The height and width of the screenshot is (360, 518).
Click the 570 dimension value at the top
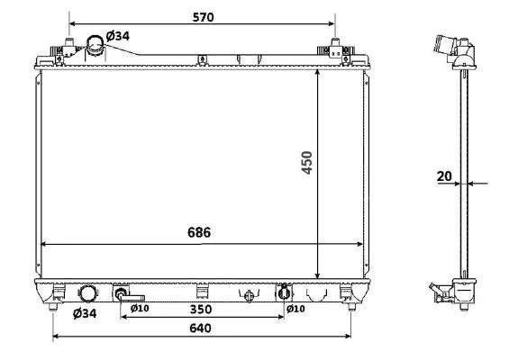pyautogui.click(x=201, y=15)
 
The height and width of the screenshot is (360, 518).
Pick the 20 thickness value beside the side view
pyautogui.click(x=444, y=176)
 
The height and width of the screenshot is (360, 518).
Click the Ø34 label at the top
pyautogui.click(x=117, y=35)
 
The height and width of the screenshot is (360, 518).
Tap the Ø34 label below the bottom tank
pyautogui.click(x=84, y=313)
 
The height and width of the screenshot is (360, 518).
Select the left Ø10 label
pyautogui.click(x=140, y=309)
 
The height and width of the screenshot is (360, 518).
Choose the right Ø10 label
pyautogui.click(x=295, y=309)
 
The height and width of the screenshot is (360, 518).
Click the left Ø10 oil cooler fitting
pyautogui.click(x=123, y=293)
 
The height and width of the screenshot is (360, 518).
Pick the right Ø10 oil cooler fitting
pyautogui.click(x=283, y=292)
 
